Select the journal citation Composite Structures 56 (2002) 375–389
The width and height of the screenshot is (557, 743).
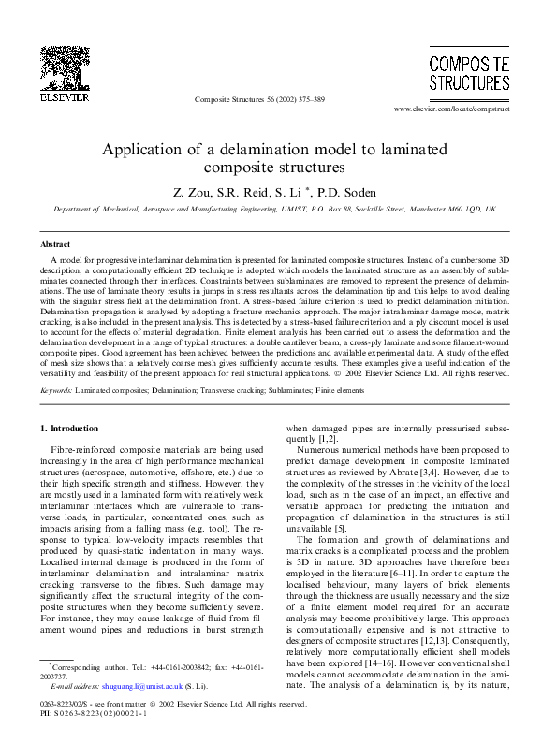[259, 98]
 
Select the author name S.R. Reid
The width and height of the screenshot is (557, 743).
[242, 191]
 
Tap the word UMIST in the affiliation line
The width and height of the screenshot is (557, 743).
[273, 211]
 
